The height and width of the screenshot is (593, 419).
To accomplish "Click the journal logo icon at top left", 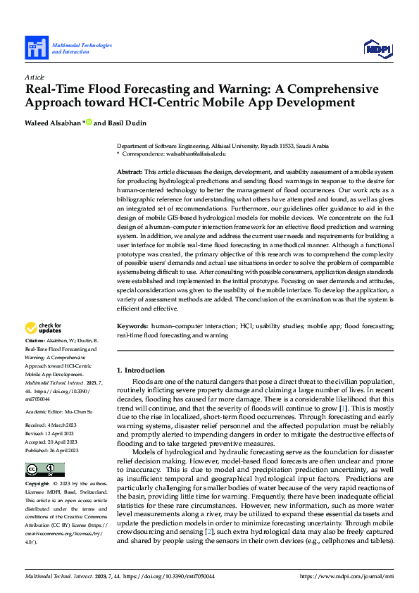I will (36, 49).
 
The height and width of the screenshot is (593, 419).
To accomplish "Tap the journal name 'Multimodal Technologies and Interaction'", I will (82, 49).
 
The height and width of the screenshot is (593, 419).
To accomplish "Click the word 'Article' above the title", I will (35, 77).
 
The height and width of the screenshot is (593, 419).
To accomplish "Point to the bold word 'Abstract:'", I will (130, 172).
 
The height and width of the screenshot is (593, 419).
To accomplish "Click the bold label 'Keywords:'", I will (132, 327).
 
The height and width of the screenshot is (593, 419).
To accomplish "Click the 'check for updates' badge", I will (44, 328).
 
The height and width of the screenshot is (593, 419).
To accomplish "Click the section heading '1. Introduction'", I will (141, 370).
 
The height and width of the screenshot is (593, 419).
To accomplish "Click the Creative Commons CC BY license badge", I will (45, 470).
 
